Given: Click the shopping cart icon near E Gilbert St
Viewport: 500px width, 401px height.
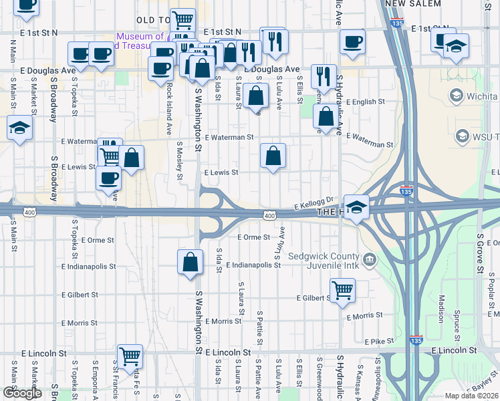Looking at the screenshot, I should [342, 291].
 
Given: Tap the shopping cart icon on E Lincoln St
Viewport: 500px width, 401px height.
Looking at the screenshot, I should [129, 356].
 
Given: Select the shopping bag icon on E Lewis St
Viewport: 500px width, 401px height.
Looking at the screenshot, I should [273, 156].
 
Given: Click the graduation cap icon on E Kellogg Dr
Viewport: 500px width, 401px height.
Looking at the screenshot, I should [357, 207].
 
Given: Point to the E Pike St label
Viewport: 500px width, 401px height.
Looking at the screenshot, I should [382, 341].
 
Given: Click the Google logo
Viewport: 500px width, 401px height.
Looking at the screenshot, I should [22, 393].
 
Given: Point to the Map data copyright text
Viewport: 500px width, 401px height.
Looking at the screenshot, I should [472, 396].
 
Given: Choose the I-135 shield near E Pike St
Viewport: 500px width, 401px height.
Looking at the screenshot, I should [416, 339].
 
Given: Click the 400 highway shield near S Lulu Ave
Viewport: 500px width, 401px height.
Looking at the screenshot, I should [269, 215].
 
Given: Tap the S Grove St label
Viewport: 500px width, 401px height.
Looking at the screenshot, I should [480, 253].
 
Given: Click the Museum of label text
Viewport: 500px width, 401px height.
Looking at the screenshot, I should [140, 37].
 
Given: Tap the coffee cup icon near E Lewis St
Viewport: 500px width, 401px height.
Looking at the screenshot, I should [109, 178].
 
